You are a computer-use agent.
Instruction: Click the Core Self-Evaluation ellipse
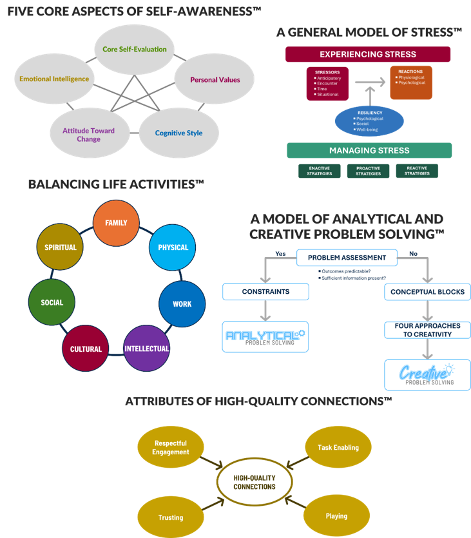coord(134,49)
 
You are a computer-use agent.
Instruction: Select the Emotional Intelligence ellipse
coord(53,79)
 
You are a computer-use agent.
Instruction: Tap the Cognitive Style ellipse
coord(178,133)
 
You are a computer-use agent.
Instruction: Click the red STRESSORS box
coord(327,83)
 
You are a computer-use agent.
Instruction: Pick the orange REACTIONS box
coord(410,82)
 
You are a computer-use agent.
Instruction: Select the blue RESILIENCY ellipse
coord(369,120)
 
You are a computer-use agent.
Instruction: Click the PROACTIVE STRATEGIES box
coord(368,171)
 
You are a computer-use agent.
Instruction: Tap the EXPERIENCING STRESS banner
coord(368,54)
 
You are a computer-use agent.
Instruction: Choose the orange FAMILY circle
coord(116,223)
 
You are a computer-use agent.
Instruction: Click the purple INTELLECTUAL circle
coord(146,349)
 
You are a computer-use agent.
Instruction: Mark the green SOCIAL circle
coord(52,303)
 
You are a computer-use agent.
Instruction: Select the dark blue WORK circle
coord(182,303)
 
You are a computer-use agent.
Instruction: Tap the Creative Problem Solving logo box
coord(427,375)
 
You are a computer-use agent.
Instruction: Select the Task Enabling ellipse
coord(338,447)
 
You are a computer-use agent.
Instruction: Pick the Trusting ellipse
coord(171,517)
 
